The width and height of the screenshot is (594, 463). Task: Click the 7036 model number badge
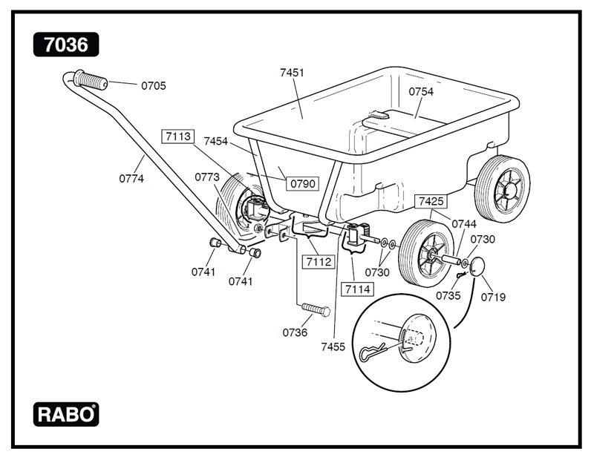coord(65,45)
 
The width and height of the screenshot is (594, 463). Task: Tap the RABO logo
coord(65,414)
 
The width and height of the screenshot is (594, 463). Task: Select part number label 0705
coord(154,85)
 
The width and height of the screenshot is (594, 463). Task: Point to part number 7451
coord(292,73)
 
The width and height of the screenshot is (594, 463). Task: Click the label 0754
coord(421,92)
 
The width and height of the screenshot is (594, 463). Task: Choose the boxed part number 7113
coord(178,136)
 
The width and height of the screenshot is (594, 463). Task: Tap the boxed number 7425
coord(431,201)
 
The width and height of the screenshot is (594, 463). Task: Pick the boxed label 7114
coord(356,288)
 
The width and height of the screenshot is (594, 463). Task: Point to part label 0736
coord(294,332)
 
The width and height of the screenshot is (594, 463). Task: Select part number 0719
coord(493,298)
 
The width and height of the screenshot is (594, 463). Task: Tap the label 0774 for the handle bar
coord(131,178)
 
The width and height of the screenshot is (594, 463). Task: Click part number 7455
coord(333,347)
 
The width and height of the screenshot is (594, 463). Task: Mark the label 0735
coord(448,295)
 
